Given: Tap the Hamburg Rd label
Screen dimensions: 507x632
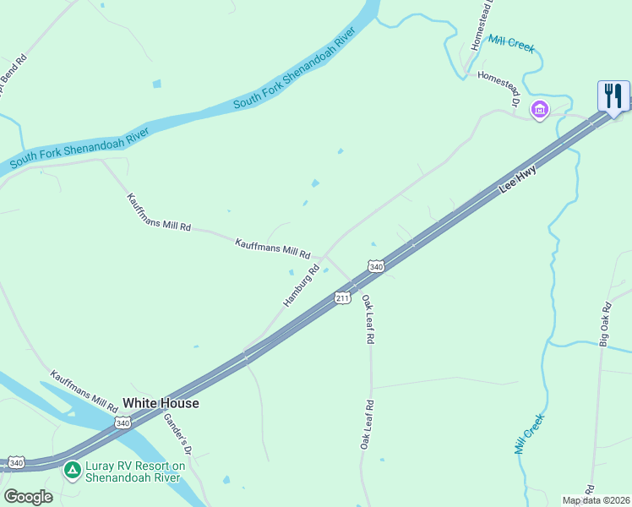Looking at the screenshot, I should pos(302,286).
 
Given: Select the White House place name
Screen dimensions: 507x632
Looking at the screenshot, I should pos(161,404).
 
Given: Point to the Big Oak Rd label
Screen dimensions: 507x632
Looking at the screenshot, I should pos(604,324).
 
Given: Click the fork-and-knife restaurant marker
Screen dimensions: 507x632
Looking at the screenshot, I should pos(613,95).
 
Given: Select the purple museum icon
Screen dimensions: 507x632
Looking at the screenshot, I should pos(539,109).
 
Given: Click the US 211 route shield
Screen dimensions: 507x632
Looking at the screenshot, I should pos(342,298).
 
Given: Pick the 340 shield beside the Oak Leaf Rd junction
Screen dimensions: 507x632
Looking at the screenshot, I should pos(377,267).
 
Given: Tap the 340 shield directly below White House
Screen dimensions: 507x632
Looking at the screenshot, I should pos(123,422).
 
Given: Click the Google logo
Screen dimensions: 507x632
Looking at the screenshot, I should pos(28,497).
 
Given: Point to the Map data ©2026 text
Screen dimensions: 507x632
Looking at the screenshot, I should pos(596,500).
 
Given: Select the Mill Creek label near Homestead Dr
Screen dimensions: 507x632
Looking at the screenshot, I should pos(511,43).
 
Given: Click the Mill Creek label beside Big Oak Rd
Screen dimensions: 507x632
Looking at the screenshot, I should pos(531,434).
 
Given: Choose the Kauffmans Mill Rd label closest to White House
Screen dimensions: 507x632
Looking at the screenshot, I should pos(84,387).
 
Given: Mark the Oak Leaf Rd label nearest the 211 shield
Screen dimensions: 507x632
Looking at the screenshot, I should pos(368,319).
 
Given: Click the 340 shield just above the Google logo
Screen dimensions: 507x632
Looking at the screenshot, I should pos(16,462).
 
